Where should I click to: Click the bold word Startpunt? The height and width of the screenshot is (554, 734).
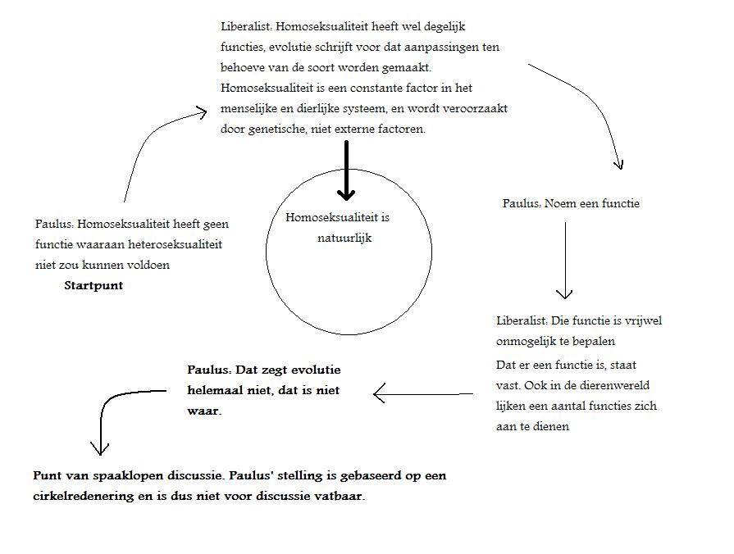[93, 286]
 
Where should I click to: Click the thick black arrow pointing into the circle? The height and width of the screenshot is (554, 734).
[347, 172]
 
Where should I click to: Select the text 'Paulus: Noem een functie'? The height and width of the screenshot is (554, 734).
[571, 203]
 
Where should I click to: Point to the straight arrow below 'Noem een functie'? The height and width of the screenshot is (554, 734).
[564, 259]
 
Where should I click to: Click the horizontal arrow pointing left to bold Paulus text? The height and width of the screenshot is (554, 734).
[422, 394]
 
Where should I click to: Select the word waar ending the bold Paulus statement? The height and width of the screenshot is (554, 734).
[203, 411]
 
